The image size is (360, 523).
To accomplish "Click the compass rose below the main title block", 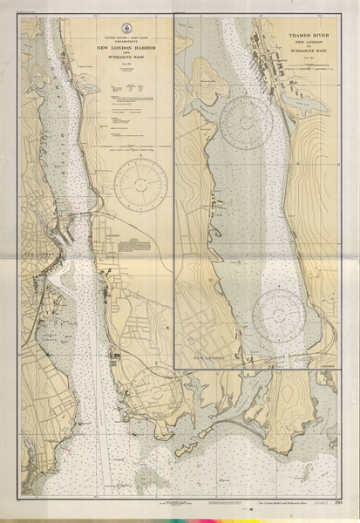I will (139, 185).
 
